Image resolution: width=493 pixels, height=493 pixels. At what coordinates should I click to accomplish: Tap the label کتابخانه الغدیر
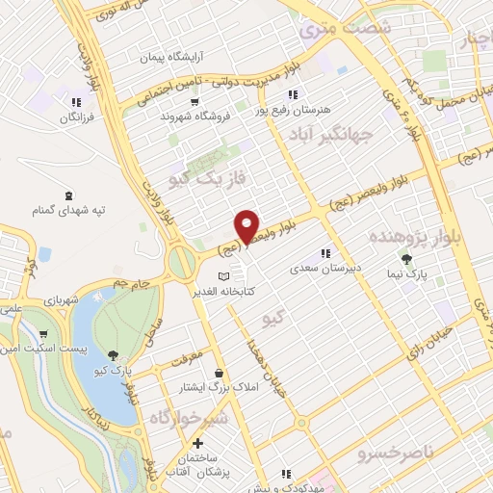[223, 291]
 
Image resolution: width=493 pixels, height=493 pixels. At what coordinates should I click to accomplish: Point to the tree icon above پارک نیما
[405, 259]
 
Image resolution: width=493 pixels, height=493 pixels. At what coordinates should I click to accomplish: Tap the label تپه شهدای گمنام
[70, 208]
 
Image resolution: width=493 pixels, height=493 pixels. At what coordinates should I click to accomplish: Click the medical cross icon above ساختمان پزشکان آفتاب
[197, 444]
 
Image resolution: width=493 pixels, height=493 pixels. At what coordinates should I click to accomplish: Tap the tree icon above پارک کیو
[115, 355]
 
